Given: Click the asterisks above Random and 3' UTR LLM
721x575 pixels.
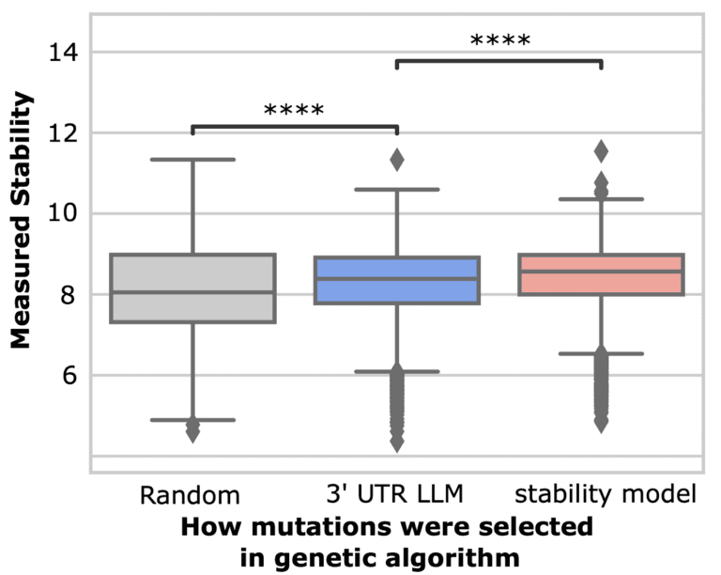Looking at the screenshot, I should tap(294, 111).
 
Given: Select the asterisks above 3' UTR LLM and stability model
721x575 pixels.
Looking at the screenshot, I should tap(499, 40).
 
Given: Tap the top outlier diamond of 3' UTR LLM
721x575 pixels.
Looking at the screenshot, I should tap(396, 161).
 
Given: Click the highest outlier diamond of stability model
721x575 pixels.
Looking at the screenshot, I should tap(601, 150).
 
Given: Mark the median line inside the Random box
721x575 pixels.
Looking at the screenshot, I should tap(192, 292).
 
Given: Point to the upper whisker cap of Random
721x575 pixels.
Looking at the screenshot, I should tap(192, 160).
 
